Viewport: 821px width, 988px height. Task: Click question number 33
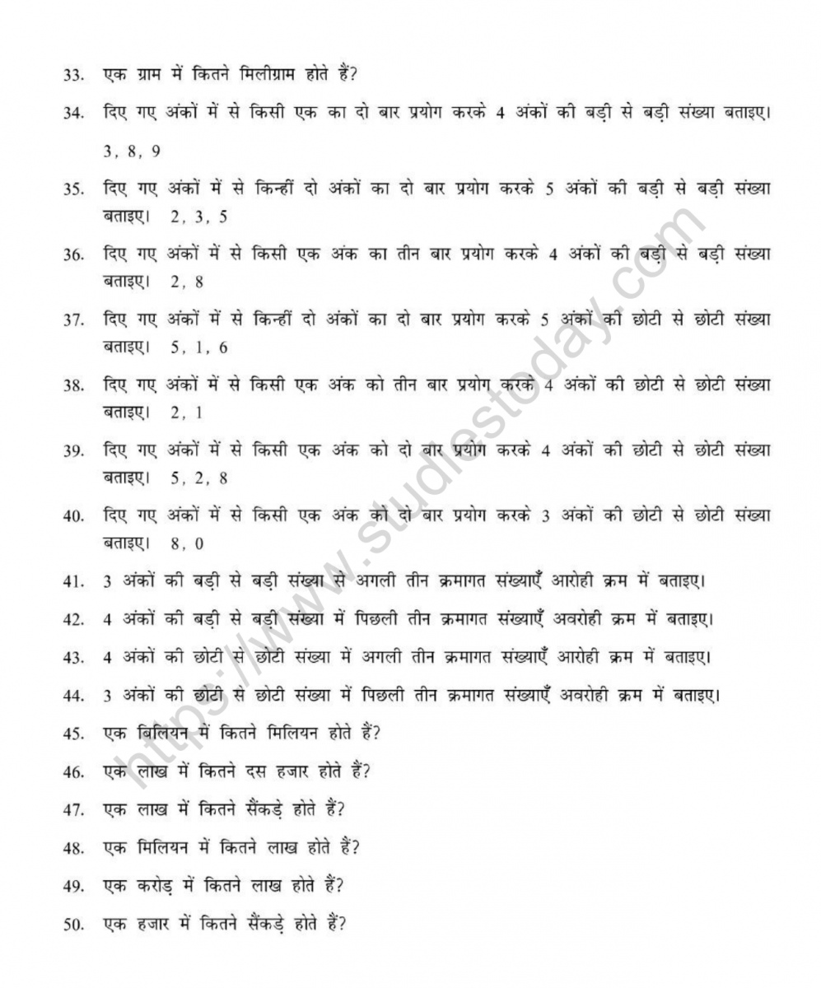pyautogui.click(x=72, y=75)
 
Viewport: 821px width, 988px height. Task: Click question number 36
pyautogui.click(x=72, y=255)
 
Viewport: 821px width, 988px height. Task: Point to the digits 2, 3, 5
pyautogui.click(x=198, y=217)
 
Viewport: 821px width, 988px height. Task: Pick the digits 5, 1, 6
pyautogui.click(x=198, y=347)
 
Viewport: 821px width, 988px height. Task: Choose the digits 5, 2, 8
pyautogui.click(x=198, y=478)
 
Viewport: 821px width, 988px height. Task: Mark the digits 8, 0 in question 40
pyautogui.click(x=187, y=543)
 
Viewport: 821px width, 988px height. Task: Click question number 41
pyautogui.click(x=72, y=582)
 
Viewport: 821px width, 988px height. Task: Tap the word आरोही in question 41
pyautogui.click(x=581, y=581)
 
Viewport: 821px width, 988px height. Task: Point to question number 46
pyautogui.click(x=72, y=772)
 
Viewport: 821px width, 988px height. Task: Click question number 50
pyautogui.click(x=72, y=925)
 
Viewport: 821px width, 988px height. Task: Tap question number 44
pyautogui.click(x=72, y=696)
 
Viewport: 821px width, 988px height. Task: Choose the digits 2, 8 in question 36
pyautogui.click(x=187, y=282)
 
